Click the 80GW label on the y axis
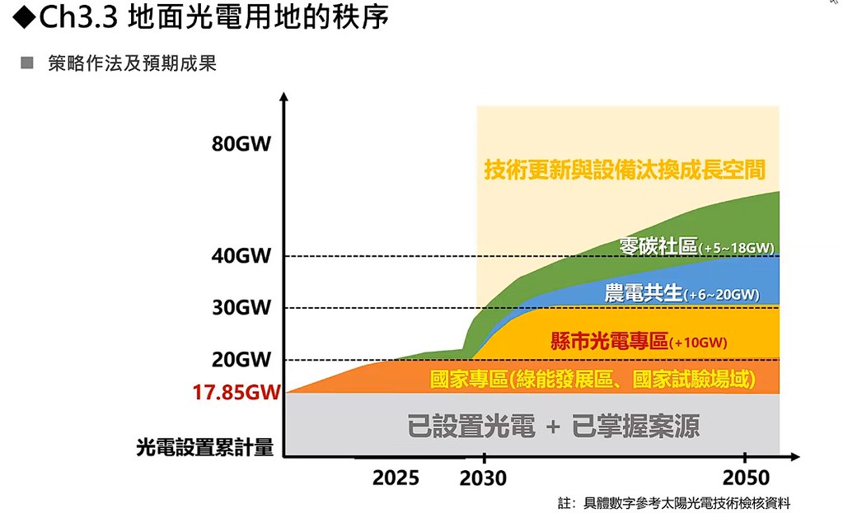[241, 144]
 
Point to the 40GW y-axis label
[241, 256]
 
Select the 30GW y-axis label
[241, 307]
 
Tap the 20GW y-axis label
[241, 359]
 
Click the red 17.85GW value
[237, 392]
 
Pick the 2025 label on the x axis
[396, 478]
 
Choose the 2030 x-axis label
[483, 478]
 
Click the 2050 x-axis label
[747, 478]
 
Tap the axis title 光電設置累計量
[205, 447]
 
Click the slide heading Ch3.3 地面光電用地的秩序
[200, 17]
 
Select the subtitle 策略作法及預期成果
[132, 63]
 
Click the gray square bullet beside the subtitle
[27, 63]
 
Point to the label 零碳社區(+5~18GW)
[697, 246]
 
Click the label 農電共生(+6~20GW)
[682, 293]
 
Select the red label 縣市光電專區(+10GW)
[639, 341]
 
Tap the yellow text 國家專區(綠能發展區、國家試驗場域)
[592, 380]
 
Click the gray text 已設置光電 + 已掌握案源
[553, 426]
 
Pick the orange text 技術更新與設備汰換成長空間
[625, 170]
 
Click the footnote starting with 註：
[674, 503]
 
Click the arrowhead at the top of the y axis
[284, 96]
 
